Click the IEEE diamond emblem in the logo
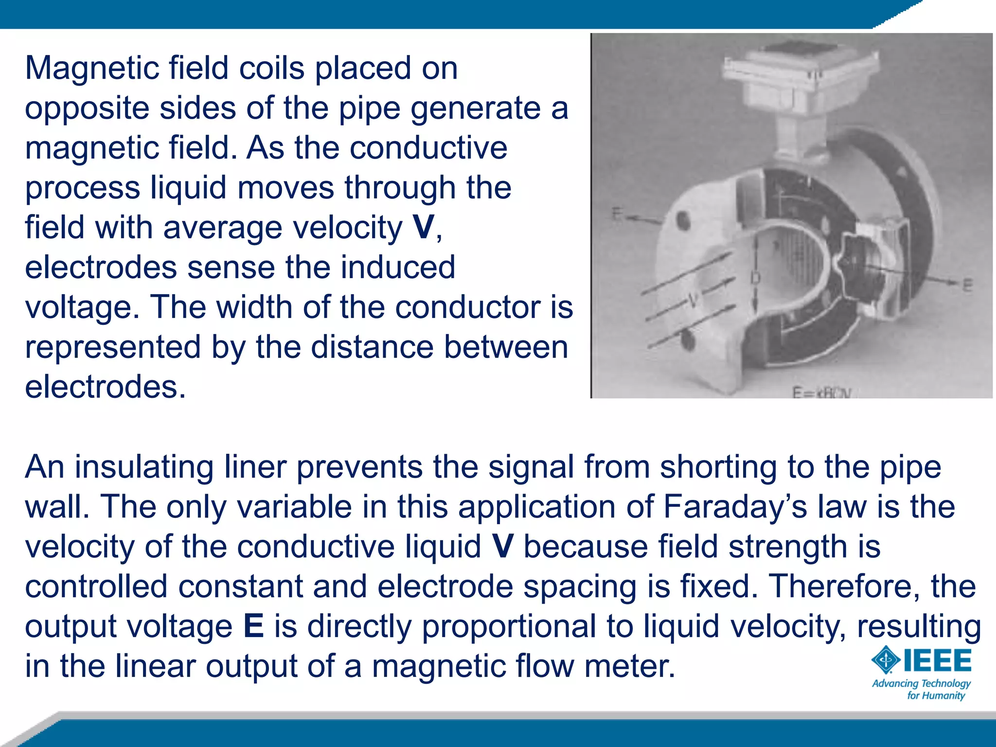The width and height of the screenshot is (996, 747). pyautogui.click(x=886, y=660)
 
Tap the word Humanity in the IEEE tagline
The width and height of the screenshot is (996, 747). pyautogui.click(x=945, y=695)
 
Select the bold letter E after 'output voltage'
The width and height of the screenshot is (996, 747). pyautogui.click(x=253, y=626)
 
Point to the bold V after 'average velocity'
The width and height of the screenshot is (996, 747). pyautogui.click(x=423, y=227)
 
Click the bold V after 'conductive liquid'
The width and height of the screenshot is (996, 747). pyautogui.click(x=502, y=547)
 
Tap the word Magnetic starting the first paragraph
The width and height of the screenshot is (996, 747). pyautogui.click(x=91, y=68)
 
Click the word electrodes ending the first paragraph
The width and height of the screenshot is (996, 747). pyautogui.click(x=105, y=387)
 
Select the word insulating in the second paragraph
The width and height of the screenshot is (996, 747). pyautogui.click(x=144, y=467)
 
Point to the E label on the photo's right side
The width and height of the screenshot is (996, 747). pyautogui.click(x=967, y=285)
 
